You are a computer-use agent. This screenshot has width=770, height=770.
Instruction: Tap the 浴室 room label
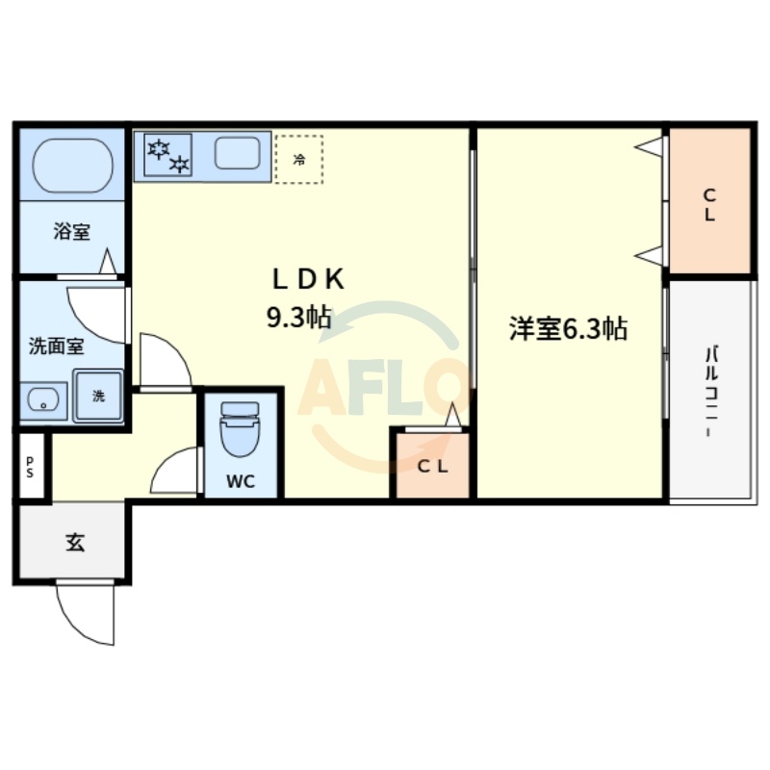pyautogui.click(x=72, y=232)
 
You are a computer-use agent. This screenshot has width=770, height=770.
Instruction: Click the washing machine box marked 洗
pyautogui.click(x=98, y=396)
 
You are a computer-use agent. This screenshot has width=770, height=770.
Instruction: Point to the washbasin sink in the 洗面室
pyautogui.click(x=43, y=400)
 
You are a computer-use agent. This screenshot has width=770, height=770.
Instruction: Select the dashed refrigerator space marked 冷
pyautogui.click(x=298, y=159)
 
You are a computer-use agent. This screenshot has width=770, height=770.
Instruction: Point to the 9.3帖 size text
pyautogui.click(x=299, y=318)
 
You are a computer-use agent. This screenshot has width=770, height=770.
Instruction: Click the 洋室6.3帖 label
pyautogui.click(x=568, y=329)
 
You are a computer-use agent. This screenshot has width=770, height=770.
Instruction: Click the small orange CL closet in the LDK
pyautogui.click(x=430, y=467)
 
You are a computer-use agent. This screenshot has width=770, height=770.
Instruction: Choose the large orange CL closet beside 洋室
pyautogui.click(x=709, y=202)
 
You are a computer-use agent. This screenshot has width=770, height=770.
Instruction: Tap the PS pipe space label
pyautogui.click(x=30, y=468)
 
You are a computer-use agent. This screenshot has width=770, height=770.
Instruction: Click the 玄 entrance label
pyautogui.click(x=74, y=543)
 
